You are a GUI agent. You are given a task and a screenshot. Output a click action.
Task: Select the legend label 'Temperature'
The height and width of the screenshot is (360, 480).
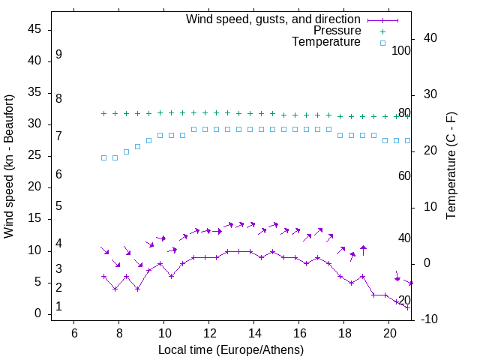click(326, 42)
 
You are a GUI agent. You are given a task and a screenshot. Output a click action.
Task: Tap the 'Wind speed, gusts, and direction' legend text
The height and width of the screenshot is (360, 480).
click(274, 19)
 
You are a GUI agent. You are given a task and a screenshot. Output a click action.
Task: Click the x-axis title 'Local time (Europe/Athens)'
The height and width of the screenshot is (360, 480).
click(231, 350)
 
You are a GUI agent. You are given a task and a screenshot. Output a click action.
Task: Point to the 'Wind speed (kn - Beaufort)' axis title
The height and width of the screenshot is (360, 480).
click(9, 166)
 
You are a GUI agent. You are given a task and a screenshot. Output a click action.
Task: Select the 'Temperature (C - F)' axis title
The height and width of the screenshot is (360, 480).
click(451, 166)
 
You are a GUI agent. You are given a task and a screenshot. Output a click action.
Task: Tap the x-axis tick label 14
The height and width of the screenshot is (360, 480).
click(254, 332)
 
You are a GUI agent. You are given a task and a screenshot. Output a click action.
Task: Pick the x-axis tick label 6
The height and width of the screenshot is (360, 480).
click(74, 332)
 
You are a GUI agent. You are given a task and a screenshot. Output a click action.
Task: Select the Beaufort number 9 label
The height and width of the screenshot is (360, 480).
click(58, 55)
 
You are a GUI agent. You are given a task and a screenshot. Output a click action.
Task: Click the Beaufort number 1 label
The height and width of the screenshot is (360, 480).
click(58, 307)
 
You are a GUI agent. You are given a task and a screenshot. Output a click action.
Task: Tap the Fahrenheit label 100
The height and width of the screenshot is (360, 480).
click(402, 51)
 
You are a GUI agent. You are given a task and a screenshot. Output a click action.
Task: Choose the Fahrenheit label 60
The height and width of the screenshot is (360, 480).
click(404, 175)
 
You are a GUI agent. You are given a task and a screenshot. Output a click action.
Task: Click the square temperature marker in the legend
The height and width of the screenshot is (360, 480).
click(382, 43)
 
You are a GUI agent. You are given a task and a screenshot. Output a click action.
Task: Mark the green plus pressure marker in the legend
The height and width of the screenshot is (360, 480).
click(382, 31)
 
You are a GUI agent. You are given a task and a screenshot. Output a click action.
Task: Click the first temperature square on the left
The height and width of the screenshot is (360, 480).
click(103, 157)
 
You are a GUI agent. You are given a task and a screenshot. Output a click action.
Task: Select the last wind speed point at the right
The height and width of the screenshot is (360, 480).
click(407, 307)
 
